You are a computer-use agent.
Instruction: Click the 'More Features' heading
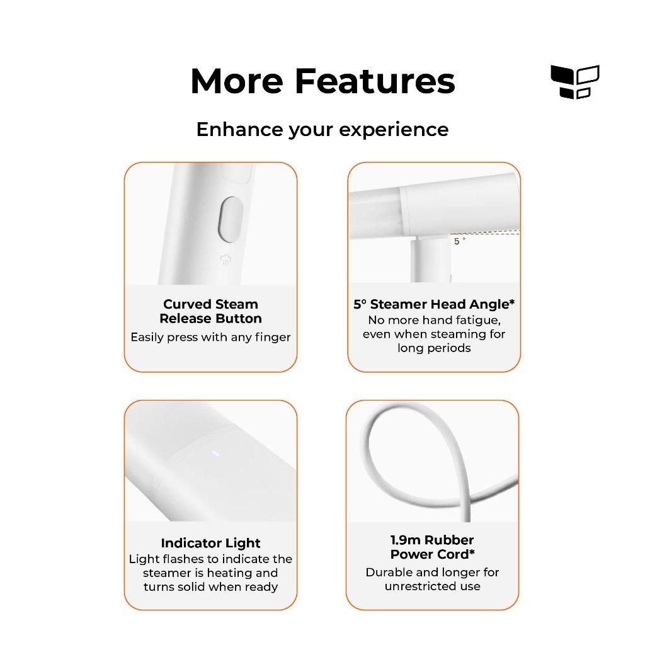pyautogui.click(x=322, y=81)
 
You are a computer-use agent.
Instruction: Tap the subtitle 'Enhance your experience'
pyautogui.click(x=322, y=130)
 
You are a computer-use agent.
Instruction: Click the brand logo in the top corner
pyautogui.click(x=574, y=82)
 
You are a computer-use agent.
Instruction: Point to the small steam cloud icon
pyautogui.click(x=225, y=260)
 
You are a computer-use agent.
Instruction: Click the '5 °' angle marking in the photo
pyautogui.click(x=459, y=241)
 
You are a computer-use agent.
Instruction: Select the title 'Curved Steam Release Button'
pyautogui.click(x=210, y=311)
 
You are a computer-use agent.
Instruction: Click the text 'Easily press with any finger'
pyautogui.click(x=210, y=338)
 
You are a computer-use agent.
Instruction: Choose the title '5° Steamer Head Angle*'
pyautogui.click(x=434, y=304)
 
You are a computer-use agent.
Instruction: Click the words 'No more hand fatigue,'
pyautogui.click(x=435, y=320)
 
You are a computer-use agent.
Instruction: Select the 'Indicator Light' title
pyautogui.click(x=210, y=543)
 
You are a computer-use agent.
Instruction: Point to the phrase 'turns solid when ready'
pyautogui.click(x=210, y=586)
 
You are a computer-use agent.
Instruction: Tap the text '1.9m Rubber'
pyautogui.click(x=432, y=540)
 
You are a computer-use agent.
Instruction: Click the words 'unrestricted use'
pyautogui.click(x=432, y=586)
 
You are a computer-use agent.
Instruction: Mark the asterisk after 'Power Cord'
pyautogui.click(x=472, y=552)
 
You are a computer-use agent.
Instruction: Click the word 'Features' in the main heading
pyautogui.click(x=375, y=81)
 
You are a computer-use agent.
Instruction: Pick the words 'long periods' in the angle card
pyautogui.click(x=434, y=348)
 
